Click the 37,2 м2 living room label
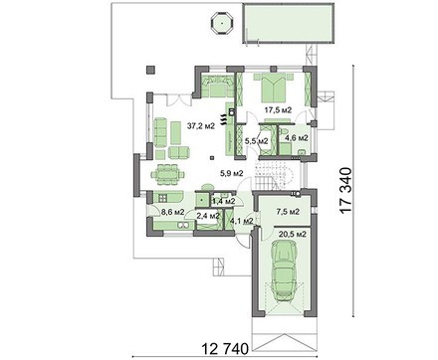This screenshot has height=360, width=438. point(201,126)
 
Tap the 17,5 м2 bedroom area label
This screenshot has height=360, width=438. point(278,110)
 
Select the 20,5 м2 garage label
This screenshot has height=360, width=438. point(293,234)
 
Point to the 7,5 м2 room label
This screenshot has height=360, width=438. point(289,211)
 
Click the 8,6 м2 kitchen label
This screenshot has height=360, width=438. point(172,212)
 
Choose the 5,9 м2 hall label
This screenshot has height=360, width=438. point(232,173)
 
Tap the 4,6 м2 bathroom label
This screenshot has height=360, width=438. point(297,138)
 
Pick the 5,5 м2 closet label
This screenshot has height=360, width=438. point(257,141)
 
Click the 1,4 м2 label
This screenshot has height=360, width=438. point(224,201)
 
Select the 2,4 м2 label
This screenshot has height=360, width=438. point(208,216)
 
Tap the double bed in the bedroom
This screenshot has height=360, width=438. point(274,89)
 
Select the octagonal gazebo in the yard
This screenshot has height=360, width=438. point(222,23)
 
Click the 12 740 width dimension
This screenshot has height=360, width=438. point(225,349)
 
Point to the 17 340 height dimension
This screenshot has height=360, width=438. point(345,191)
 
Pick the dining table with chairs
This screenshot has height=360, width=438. point(168,174)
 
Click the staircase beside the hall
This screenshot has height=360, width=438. point(275,174)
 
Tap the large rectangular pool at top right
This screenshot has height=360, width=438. point(288,23)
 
